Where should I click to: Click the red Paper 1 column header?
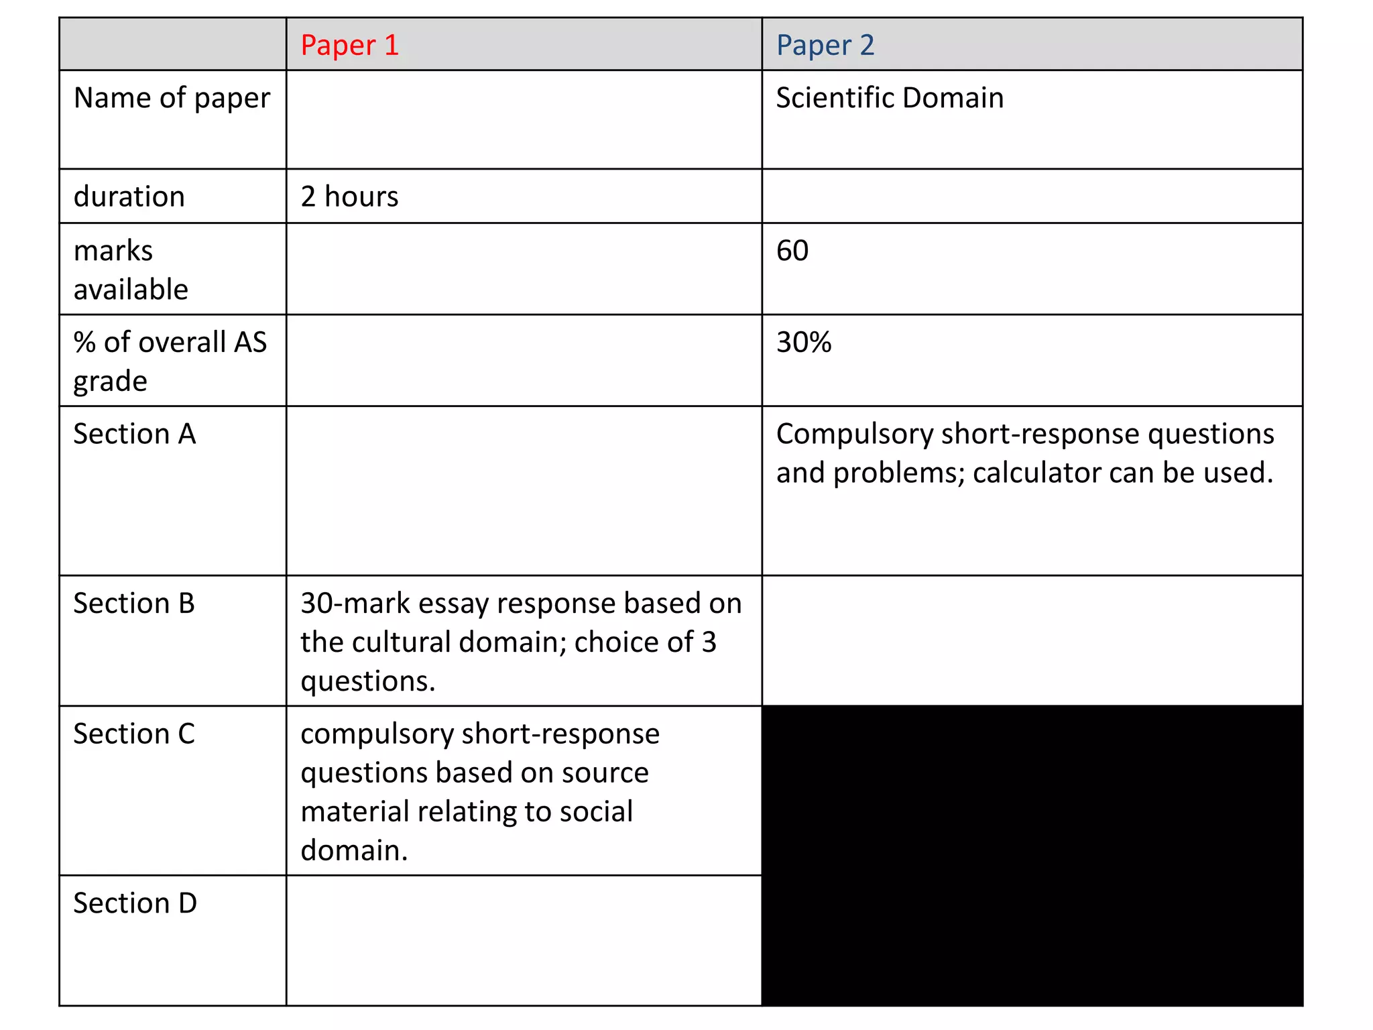(349, 46)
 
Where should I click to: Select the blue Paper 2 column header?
(825, 46)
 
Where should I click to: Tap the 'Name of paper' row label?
(172, 98)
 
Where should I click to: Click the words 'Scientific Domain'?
(890, 98)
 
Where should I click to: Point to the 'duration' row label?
(129, 197)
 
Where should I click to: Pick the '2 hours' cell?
(349, 197)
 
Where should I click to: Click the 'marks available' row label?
(130, 270)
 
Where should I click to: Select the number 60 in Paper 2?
(792, 251)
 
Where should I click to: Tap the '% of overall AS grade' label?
(170, 361)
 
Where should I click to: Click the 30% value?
(804, 343)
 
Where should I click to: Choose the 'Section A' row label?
(134, 434)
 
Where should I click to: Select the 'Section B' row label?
(133, 604)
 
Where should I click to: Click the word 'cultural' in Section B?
(400, 642)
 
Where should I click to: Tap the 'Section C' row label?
(133, 734)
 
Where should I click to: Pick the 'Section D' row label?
(135, 903)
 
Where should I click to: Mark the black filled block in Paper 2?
(1032, 855)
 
